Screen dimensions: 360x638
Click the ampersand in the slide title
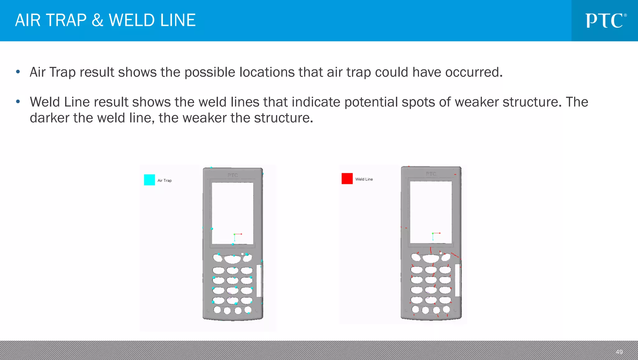tap(98, 21)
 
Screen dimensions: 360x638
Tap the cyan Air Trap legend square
tap(149, 180)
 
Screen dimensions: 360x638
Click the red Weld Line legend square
tap(347, 179)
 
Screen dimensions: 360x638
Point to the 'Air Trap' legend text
tap(164, 180)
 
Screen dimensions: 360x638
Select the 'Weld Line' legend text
tap(364, 179)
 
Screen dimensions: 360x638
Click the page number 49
tap(619, 352)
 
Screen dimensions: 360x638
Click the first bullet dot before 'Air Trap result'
tap(18, 72)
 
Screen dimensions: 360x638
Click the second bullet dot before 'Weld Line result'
tap(18, 102)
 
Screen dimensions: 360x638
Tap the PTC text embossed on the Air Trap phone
tap(233, 175)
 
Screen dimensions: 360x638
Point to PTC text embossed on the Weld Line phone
tap(431, 174)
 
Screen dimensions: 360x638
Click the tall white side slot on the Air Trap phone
tap(259, 281)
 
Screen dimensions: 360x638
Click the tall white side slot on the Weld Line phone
tap(457, 280)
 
